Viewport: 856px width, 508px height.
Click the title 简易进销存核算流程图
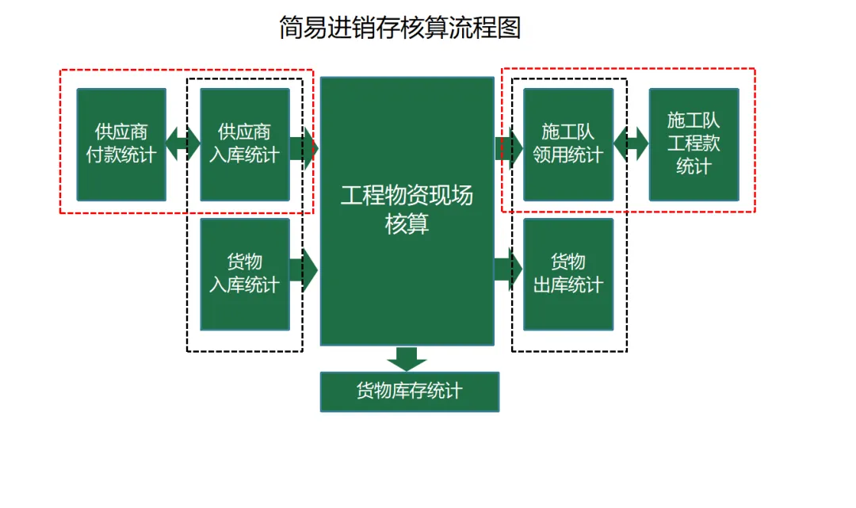(x=399, y=29)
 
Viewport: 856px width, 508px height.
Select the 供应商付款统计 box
(x=121, y=144)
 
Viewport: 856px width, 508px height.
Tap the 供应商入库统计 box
(x=245, y=144)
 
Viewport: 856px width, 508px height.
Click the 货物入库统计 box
(x=245, y=273)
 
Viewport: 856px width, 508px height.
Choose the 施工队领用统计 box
(x=568, y=144)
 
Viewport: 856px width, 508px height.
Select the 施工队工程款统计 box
(x=694, y=144)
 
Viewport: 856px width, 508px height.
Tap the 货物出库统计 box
(x=568, y=273)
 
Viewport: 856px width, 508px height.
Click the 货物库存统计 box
(x=409, y=392)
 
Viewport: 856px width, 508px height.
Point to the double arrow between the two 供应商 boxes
(x=183, y=144)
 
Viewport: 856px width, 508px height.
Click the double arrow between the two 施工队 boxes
(x=632, y=144)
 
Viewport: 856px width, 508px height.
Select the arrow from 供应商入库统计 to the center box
(x=304, y=148)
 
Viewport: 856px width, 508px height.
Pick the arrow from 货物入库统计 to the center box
(x=304, y=270)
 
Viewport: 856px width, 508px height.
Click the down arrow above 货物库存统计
(x=407, y=358)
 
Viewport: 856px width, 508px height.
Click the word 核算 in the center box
(x=407, y=224)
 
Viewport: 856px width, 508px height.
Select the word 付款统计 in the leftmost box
(x=121, y=155)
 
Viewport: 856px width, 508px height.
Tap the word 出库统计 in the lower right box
(x=568, y=285)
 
